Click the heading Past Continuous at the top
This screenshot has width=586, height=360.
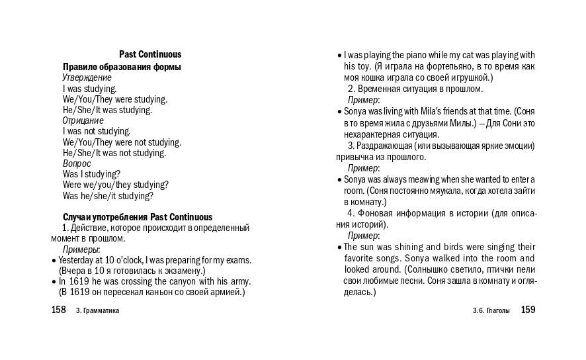pos(150,55)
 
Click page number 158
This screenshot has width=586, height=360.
pos(59,310)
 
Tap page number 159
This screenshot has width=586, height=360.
pos(528,310)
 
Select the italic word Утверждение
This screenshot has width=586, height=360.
pos(87,77)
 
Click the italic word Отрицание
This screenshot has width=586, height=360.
pos(83,120)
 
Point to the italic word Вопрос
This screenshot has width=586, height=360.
pos(77,163)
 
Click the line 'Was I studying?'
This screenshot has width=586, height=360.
pos(91,174)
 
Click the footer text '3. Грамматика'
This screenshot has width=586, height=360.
pos(98,310)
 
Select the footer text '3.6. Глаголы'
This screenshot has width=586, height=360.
pos(491,310)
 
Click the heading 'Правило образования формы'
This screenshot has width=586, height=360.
pos(122,67)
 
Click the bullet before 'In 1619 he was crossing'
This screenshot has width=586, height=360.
pos(54,281)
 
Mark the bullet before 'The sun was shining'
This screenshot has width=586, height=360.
pos(339,247)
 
